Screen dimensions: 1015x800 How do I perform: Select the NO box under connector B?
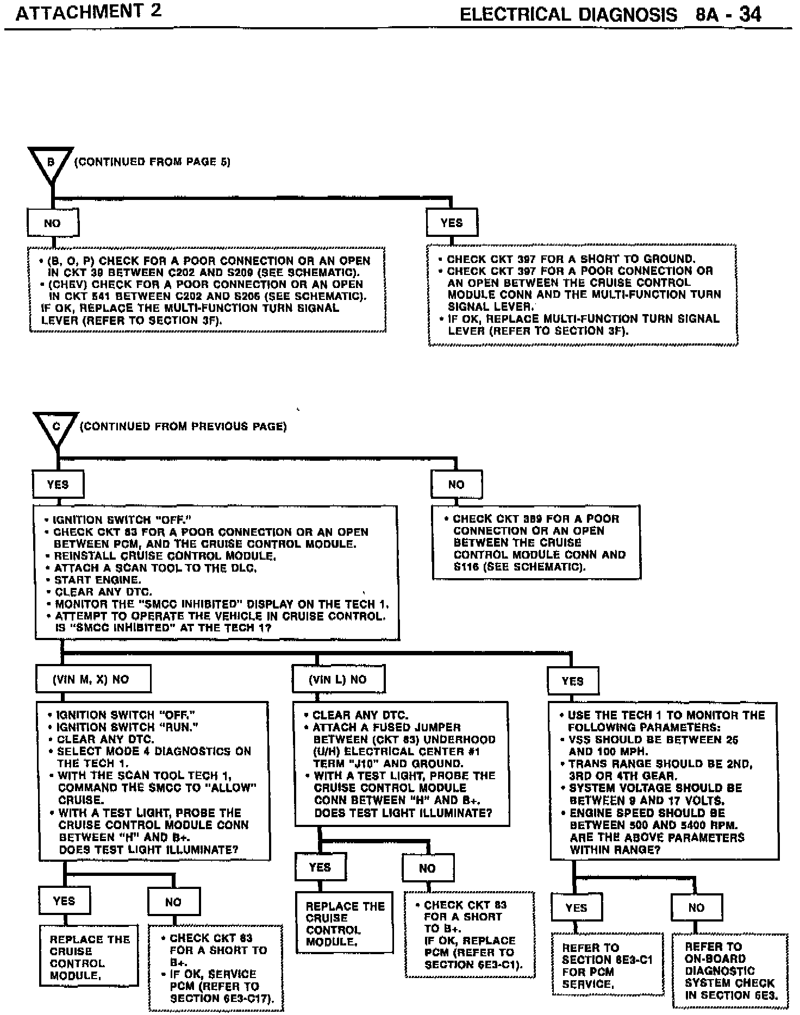[x=53, y=223]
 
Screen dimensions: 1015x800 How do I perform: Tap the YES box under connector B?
[x=452, y=223]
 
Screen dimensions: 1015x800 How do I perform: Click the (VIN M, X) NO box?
[x=93, y=679]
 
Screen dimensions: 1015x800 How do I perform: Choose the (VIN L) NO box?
[x=338, y=679]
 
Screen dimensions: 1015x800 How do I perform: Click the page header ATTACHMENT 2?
[x=88, y=12]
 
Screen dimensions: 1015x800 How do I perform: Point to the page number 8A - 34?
[x=728, y=14]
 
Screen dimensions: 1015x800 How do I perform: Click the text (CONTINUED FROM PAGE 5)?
[x=152, y=162]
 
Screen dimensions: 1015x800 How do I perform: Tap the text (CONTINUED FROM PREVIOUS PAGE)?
[x=183, y=427]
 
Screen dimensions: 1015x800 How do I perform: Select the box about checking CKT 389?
[x=536, y=542]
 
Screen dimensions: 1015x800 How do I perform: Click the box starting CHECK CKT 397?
[x=583, y=295]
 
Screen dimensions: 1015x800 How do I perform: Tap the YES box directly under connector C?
[x=58, y=484]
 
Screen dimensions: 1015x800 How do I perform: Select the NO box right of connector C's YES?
[x=457, y=484]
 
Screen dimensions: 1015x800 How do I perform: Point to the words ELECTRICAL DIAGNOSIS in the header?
[x=568, y=14]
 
